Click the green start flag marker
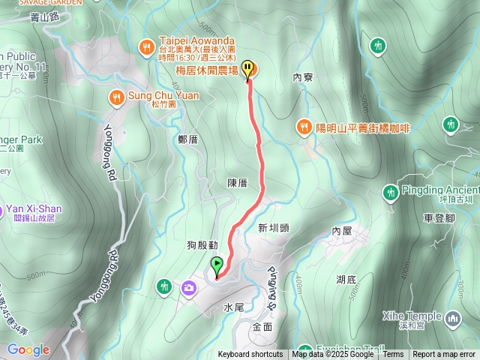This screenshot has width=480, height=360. [x=217, y=265]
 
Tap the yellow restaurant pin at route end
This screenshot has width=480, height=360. [x=248, y=69]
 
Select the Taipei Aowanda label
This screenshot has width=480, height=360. [x=197, y=40]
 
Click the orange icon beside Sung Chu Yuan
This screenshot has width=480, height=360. [x=116, y=96]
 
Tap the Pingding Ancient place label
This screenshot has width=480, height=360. [x=440, y=189]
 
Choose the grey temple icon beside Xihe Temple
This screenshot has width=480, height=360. [x=452, y=319]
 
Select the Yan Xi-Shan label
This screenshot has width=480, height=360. [x=34, y=208]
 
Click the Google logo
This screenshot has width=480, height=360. [x=28, y=349]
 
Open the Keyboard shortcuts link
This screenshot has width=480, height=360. [x=250, y=355]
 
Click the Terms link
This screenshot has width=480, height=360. [x=393, y=355]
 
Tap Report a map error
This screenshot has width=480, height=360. [x=444, y=355]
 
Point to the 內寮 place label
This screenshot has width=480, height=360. [x=302, y=76]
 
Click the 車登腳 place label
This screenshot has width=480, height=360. [x=439, y=217]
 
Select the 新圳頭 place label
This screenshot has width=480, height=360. [x=274, y=227]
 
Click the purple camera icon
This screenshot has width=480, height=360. [x=187, y=286]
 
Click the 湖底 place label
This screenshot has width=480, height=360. [x=346, y=279]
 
